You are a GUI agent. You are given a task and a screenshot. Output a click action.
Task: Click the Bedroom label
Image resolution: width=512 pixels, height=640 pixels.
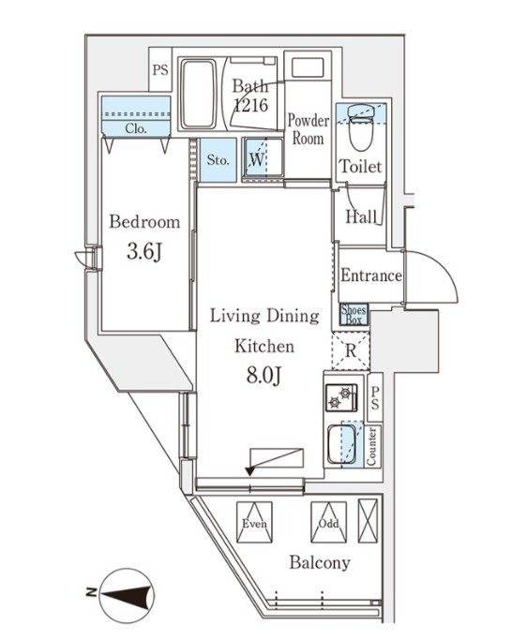click(144, 222)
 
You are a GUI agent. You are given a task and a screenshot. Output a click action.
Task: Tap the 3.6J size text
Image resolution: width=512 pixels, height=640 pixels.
click(144, 251)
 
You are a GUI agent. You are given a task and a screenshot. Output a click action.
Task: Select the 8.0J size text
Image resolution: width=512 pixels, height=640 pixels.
click(264, 375)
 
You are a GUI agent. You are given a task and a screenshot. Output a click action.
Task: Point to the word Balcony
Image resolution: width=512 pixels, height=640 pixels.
click(320, 563)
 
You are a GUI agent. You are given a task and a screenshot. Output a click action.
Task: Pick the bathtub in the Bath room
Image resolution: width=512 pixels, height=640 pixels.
click(198, 94)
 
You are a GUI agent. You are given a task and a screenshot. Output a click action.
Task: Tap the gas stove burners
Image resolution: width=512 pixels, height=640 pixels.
click(341, 397)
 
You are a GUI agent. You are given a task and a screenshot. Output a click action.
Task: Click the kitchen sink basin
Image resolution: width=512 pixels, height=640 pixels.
click(341, 445)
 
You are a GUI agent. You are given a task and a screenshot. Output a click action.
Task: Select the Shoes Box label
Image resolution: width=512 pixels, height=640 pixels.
click(354, 314)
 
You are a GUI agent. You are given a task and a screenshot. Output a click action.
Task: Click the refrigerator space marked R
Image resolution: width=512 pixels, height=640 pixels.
click(351, 350)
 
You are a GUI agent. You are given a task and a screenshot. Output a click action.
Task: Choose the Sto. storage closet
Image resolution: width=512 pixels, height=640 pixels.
click(218, 160)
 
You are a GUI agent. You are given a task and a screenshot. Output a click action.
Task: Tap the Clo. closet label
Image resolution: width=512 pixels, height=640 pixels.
click(136, 128)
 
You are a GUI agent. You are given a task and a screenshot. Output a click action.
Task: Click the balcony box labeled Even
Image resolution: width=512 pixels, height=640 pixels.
click(254, 522)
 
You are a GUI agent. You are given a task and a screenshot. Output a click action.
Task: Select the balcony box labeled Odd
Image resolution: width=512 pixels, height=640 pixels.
click(328, 522)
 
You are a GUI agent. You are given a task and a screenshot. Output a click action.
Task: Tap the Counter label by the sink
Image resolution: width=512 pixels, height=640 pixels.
click(371, 446)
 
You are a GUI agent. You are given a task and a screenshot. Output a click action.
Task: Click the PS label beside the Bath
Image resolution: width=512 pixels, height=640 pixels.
click(160, 69)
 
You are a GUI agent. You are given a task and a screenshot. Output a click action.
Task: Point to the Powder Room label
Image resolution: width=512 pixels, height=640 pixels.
click(309, 129)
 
